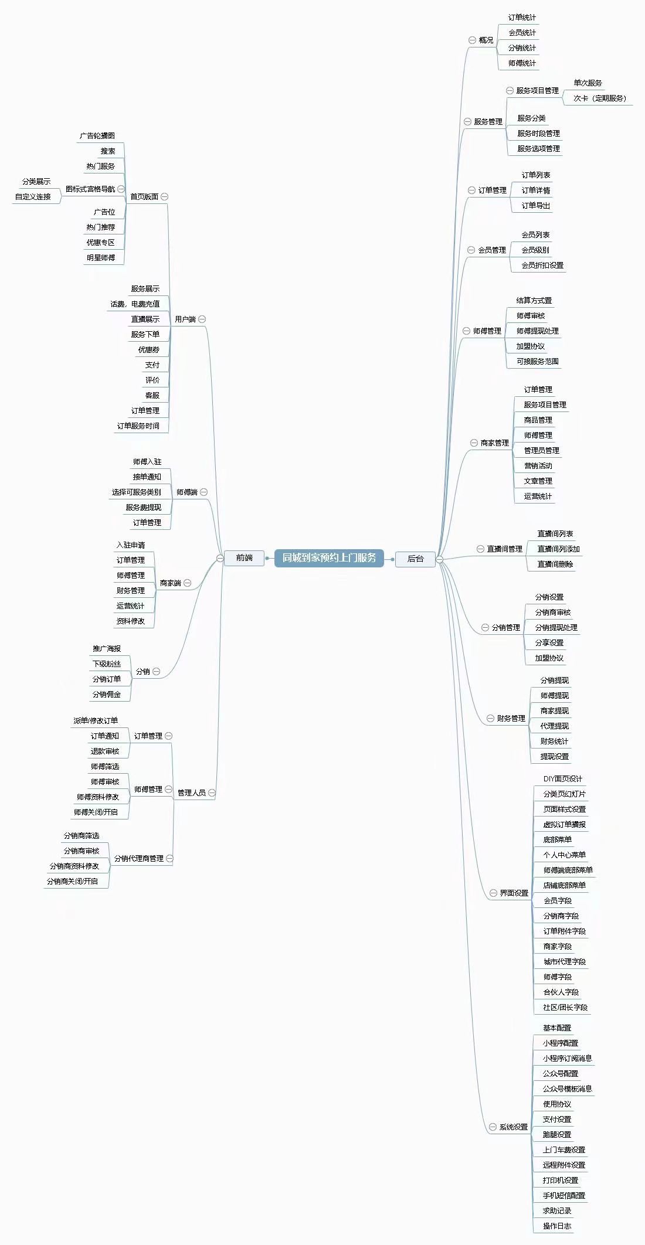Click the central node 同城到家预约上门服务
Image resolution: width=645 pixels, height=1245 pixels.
[329, 558]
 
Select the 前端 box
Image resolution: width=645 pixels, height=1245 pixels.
[244, 558]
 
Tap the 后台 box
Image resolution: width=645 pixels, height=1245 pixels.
[415, 559]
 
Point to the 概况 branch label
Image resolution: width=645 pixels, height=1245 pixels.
[486, 40]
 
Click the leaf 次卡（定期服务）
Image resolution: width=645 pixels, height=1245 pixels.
[599, 98]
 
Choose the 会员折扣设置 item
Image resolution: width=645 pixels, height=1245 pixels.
[542, 266]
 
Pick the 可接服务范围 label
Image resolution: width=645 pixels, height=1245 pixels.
[537, 362]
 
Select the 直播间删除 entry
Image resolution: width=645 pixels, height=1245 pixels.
[555, 564]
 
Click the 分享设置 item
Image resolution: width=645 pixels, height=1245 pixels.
[549, 643]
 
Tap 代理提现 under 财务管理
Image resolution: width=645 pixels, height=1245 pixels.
[554, 726]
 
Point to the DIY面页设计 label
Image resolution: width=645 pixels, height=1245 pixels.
[562, 779]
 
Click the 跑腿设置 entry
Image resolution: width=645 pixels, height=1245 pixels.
[556, 1135]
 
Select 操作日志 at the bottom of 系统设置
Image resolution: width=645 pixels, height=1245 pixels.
[556, 1226]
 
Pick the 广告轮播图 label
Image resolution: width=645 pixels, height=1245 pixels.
[97, 136]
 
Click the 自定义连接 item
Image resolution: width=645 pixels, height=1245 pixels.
[33, 197]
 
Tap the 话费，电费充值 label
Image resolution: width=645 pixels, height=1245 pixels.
[135, 304]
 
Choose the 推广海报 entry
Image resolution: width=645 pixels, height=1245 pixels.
[107, 649]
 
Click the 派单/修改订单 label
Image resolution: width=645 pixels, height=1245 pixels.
[96, 721]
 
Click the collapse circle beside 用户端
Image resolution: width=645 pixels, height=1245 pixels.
[202, 319]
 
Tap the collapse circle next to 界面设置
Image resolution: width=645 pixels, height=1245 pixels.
[493, 893]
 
